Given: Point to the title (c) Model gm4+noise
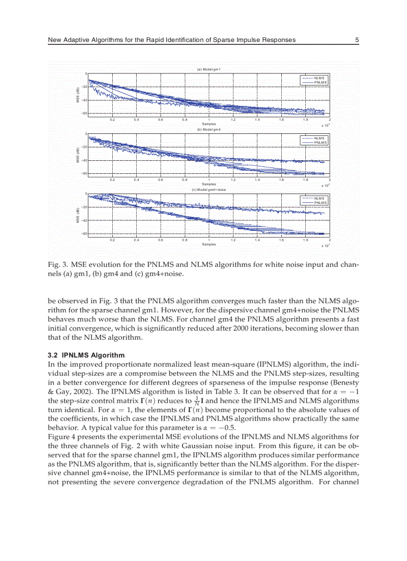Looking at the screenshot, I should pyautogui.click(x=208, y=190).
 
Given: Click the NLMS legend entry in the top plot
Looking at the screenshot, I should pyautogui.click(x=319, y=78).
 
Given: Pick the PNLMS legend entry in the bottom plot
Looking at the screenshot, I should pyautogui.click(x=320, y=203).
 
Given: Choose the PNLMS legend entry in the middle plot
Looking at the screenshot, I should pyautogui.click(x=320, y=142).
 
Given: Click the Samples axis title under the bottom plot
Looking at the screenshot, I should pyautogui.click(x=208, y=244).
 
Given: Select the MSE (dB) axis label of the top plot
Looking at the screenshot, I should pyautogui.click(x=78, y=95).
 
